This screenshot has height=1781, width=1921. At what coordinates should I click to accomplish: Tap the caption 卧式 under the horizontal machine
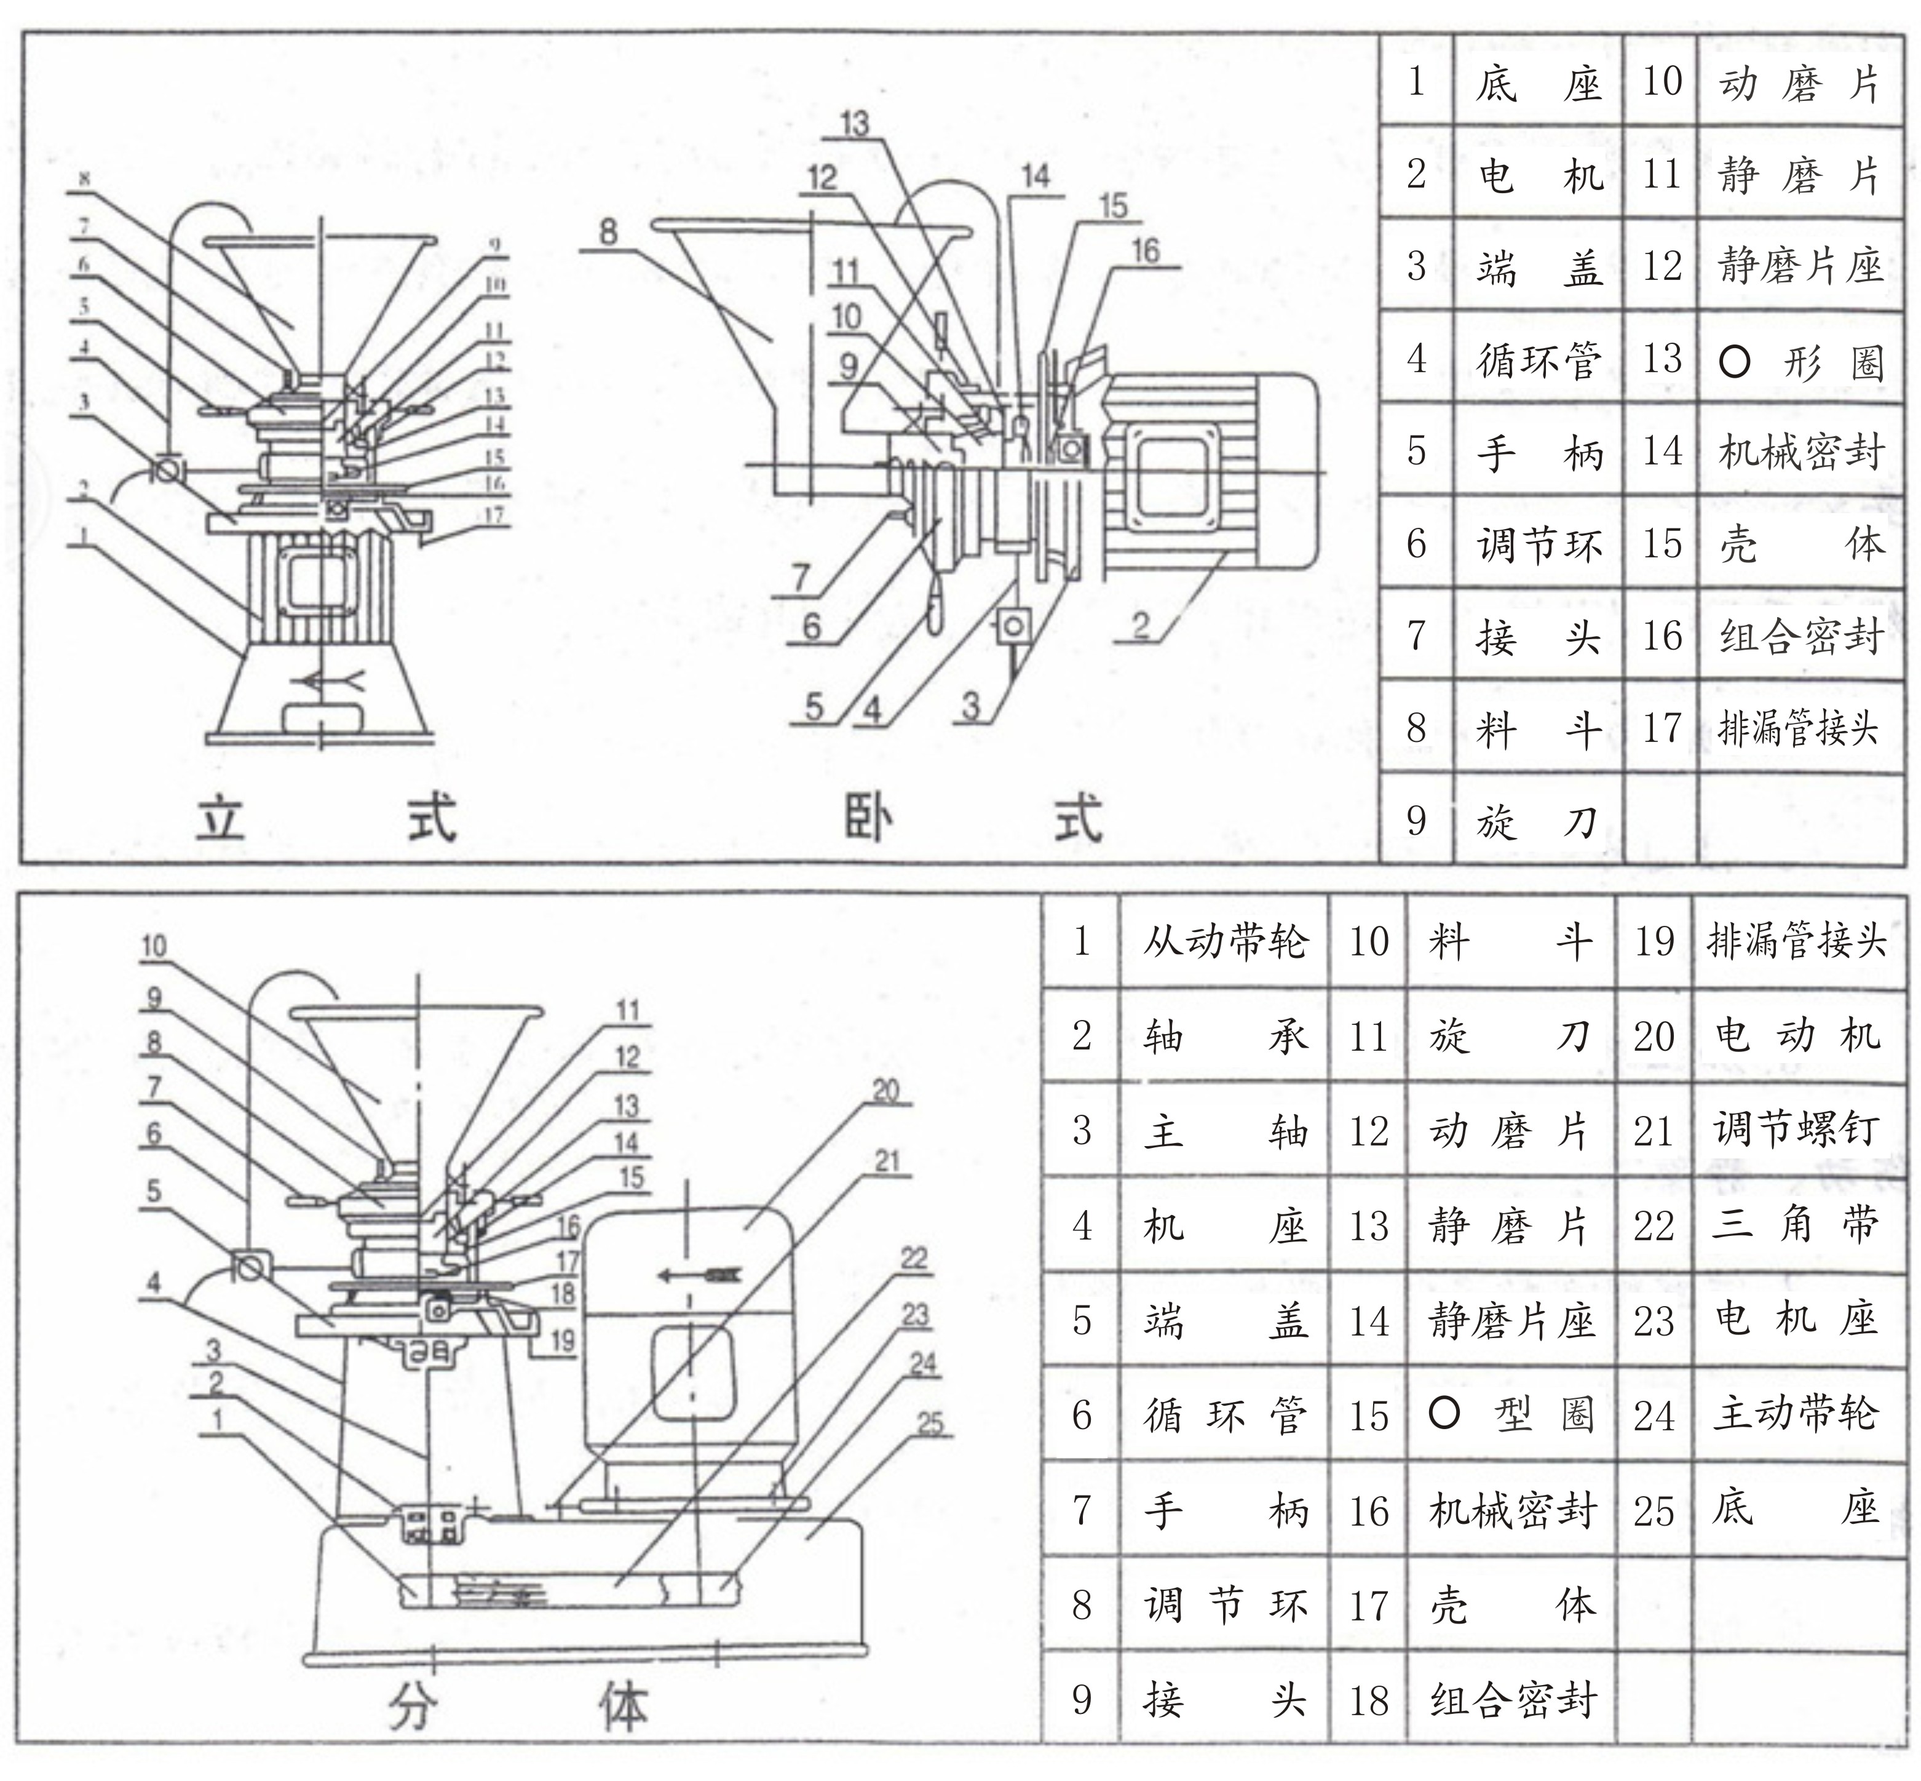tap(972, 820)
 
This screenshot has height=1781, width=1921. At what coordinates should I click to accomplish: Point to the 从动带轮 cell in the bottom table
tap(1224, 941)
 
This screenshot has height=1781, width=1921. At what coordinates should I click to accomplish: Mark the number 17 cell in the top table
tap(1661, 728)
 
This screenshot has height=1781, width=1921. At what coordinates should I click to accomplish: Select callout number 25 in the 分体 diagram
tap(930, 1424)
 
